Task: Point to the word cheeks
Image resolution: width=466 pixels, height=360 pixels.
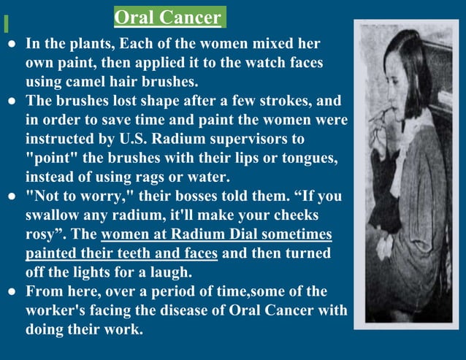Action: tap(305, 215)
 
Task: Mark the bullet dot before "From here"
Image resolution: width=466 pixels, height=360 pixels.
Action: tap(11, 291)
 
